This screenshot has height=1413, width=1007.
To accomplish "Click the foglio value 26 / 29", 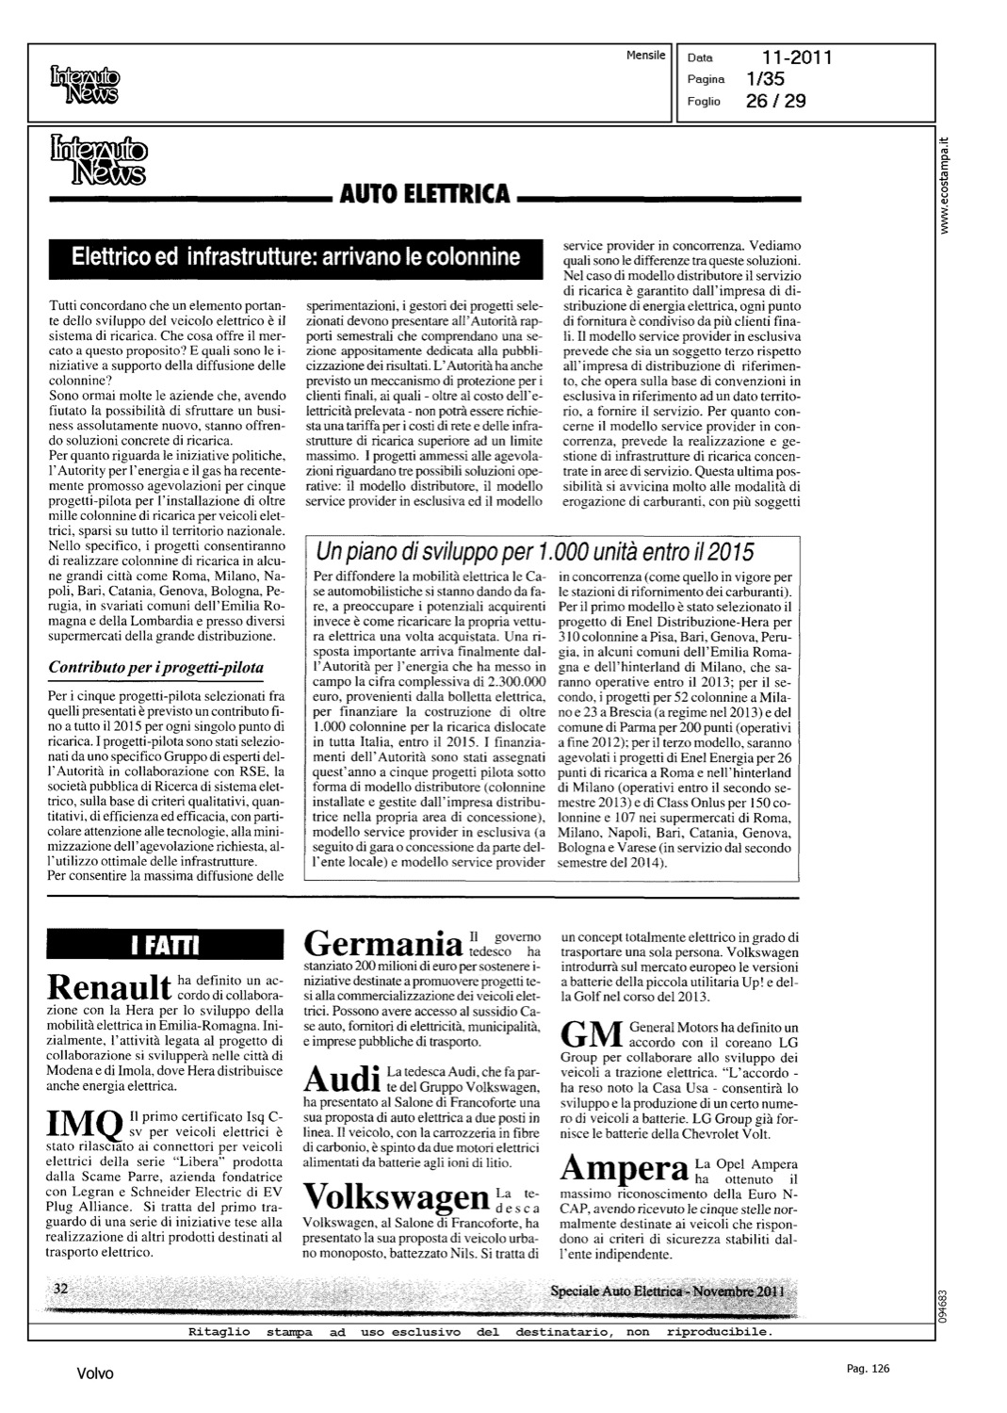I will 775,101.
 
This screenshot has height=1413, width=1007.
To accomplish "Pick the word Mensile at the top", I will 646,56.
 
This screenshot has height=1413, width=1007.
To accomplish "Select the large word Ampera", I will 624,1170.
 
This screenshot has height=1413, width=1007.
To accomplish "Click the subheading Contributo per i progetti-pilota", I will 156,668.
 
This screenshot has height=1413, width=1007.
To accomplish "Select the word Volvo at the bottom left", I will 95,1373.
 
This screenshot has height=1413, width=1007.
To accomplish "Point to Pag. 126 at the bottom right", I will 868,1369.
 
